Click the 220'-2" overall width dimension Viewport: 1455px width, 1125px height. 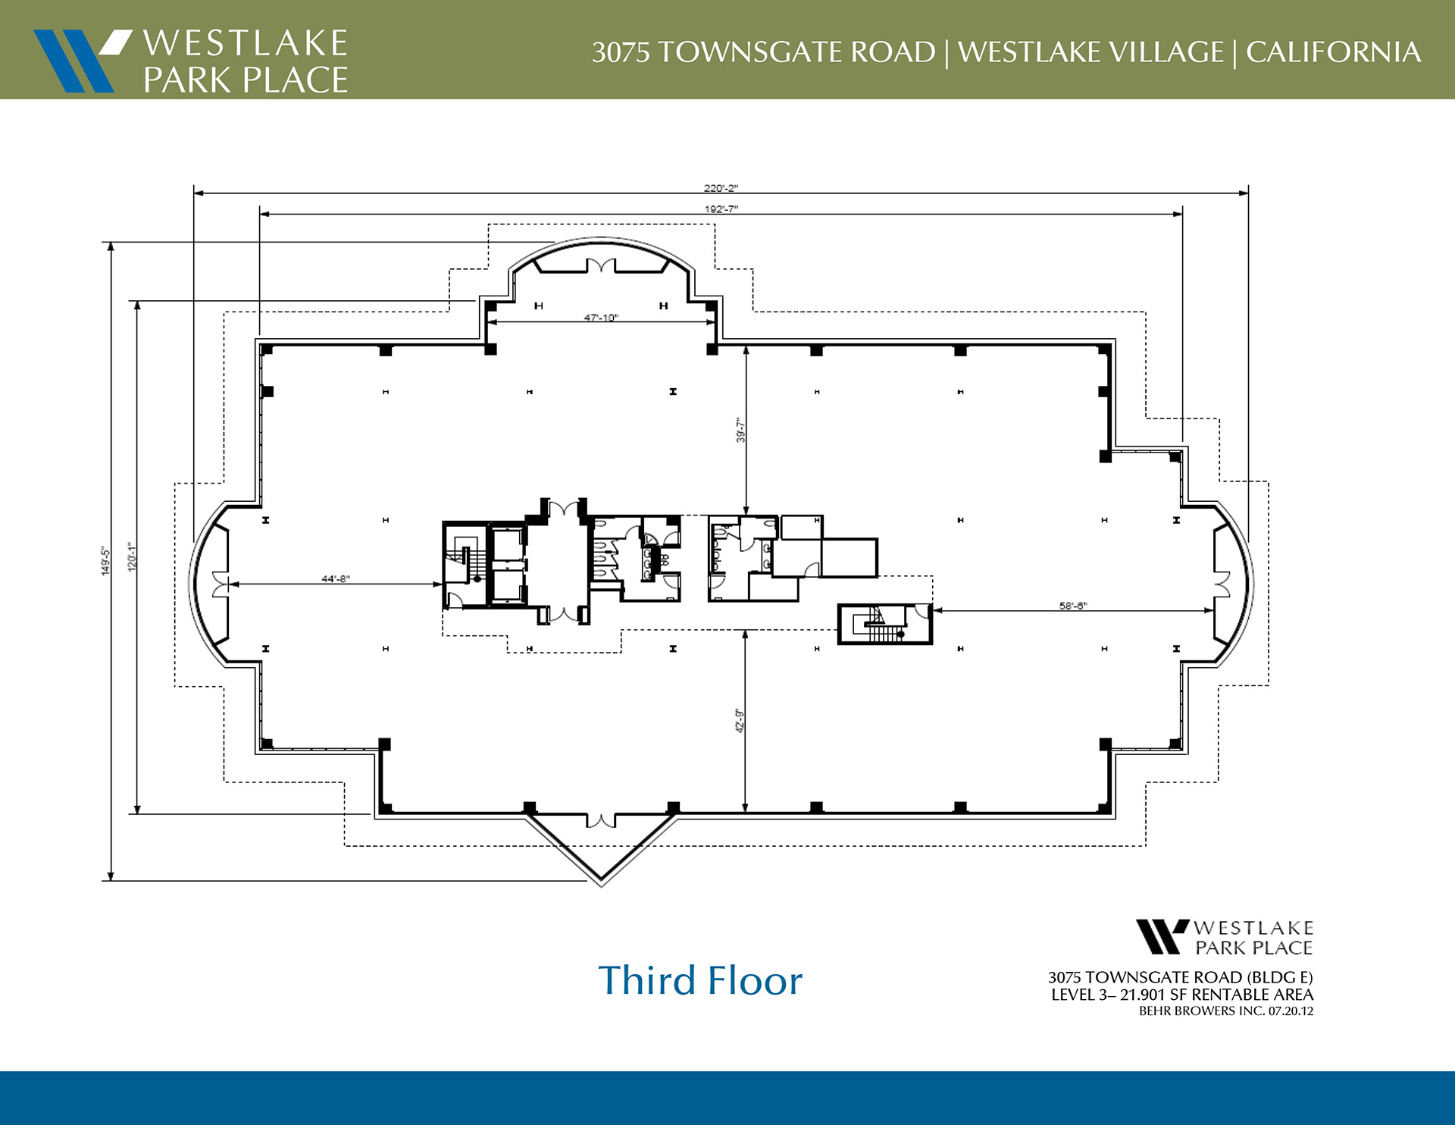721,188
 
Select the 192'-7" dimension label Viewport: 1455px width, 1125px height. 721,209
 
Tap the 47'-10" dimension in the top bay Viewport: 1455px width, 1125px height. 601,318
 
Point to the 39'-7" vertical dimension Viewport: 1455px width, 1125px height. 741,430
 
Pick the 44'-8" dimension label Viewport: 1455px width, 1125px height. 336,579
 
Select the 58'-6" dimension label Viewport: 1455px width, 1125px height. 1073,606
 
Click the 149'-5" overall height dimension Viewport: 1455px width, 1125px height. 106,562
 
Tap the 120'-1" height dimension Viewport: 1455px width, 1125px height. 132,557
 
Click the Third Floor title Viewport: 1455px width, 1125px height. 700,980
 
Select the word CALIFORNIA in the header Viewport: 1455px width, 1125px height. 1333,52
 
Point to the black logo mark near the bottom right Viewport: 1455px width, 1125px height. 1162,937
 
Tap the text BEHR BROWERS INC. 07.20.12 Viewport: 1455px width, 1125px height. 1226,1011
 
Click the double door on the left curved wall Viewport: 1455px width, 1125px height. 221,584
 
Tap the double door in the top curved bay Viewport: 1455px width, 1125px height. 601,265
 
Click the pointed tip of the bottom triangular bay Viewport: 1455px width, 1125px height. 602,885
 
